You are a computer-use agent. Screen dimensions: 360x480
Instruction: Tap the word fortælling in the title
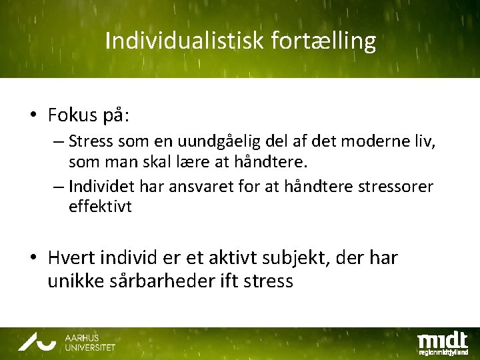[x=324, y=42]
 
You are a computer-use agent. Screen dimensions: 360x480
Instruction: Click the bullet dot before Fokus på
[x=33, y=116]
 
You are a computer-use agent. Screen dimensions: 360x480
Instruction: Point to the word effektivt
[x=100, y=207]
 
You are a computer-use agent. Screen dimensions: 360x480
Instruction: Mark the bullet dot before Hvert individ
[x=33, y=258]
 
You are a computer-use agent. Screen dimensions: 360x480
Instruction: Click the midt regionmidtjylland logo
[x=442, y=342]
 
